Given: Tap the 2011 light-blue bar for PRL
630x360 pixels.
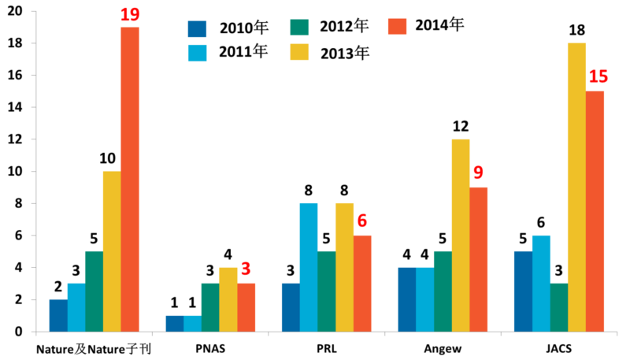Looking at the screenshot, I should (x=309, y=268).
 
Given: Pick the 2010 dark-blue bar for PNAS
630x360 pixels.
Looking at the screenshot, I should (x=174, y=324).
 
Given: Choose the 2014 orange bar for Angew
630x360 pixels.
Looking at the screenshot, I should (x=480, y=259).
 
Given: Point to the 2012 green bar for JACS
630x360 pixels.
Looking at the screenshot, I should (x=559, y=308).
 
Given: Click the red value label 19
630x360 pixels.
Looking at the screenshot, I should (x=129, y=13).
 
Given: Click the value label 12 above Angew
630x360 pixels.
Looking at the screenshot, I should (x=461, y=126).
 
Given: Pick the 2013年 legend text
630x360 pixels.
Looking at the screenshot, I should (x=345, y=54).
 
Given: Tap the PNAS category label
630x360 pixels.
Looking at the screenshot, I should (x=209, y=347).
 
